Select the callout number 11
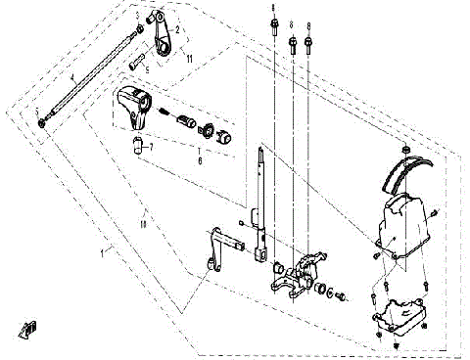pos(189,59)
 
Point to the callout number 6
pos(201,157)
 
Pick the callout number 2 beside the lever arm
pos(177,30)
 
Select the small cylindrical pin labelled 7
pos(139,148)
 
